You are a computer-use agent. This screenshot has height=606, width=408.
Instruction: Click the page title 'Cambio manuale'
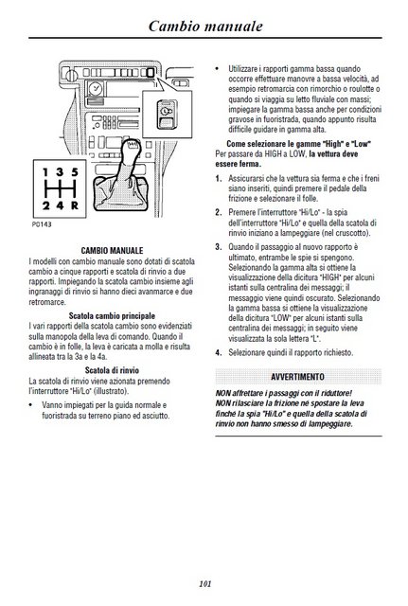point(205,26)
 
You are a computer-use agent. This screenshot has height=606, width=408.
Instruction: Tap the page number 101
point(205,583)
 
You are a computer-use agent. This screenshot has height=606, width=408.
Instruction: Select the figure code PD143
point(42,224)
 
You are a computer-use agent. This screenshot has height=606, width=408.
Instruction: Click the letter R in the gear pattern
point(75,205)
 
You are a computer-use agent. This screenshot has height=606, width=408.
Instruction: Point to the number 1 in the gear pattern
point(45,172)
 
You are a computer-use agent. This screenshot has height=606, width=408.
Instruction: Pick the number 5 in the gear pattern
point(75,172)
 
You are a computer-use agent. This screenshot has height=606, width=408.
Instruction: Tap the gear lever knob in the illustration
point(131,148)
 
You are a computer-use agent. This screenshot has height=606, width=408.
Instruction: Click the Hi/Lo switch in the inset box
point(167,114)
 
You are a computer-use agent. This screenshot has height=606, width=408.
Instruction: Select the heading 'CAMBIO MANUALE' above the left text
point(112,250)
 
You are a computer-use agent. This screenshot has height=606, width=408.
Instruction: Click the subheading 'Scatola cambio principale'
point(112,315)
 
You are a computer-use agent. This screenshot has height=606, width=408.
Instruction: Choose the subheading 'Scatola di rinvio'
point(112,370)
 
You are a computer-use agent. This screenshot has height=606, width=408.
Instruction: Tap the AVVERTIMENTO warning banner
point(298,377)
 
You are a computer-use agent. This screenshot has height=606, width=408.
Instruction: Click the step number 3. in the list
point(219,247)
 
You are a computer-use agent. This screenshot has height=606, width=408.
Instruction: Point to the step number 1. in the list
point(219,179)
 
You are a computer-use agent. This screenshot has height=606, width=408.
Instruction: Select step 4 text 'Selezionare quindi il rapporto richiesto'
point(291,352)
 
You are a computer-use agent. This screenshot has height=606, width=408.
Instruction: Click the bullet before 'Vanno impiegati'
point(31,405)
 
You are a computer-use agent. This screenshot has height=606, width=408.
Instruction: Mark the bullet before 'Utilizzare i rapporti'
point(217,69)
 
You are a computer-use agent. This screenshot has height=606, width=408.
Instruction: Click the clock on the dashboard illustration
point(95,90)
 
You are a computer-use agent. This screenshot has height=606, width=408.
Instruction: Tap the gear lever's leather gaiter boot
point(120,193)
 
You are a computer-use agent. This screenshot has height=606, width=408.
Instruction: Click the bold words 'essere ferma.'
point(238,164)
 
